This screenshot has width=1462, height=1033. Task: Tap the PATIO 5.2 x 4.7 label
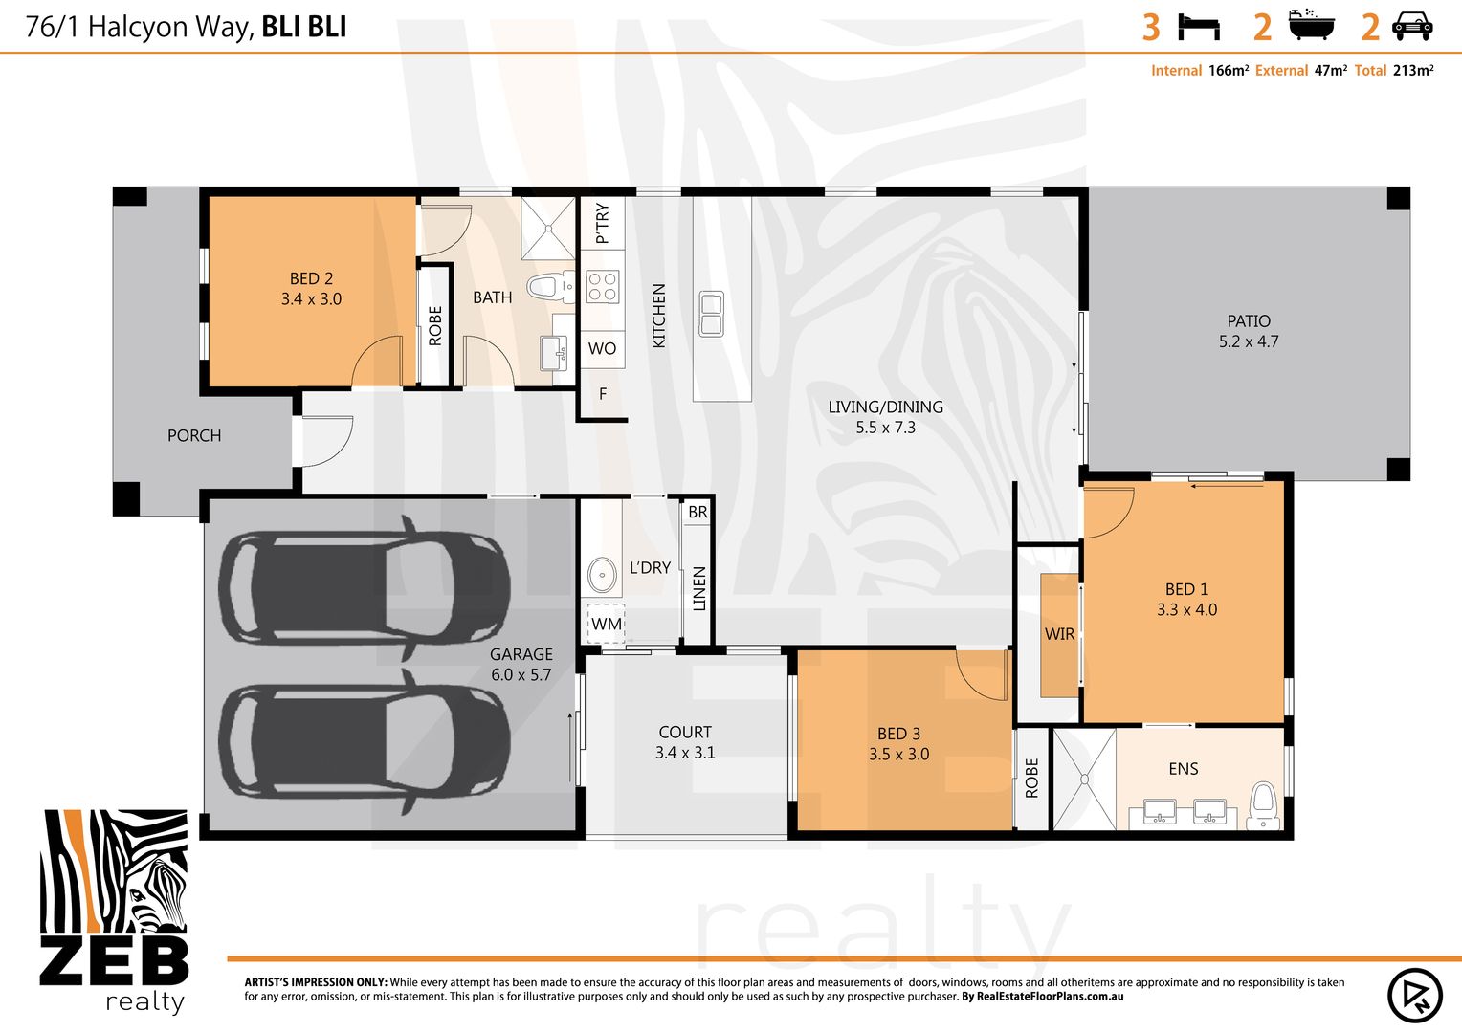click(1249, 331)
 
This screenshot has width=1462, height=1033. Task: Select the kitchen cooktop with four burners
click(602, 287)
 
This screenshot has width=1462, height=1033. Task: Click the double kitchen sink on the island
click(711, 314)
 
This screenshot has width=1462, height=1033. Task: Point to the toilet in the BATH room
click(550, 287)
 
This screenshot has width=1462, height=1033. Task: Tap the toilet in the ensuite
click(1263, 805)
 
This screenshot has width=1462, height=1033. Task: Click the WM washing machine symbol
click(607, 624)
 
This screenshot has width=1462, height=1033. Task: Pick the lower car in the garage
click(365, 742)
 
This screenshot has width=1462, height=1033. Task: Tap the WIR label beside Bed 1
click(1059, 633)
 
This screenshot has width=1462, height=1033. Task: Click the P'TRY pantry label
click(603, 223)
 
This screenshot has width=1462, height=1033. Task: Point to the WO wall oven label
click(602, 348)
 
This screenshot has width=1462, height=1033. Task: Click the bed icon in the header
click(1199, 28)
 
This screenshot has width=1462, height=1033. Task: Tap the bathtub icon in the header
click(1311, 25)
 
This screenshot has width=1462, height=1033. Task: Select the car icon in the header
click(1412, 27)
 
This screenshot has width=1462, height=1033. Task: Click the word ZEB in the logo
click(114, 961)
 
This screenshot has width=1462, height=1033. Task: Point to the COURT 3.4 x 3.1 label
click(685, 742)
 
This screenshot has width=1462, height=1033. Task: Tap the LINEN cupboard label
click(699, 588)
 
